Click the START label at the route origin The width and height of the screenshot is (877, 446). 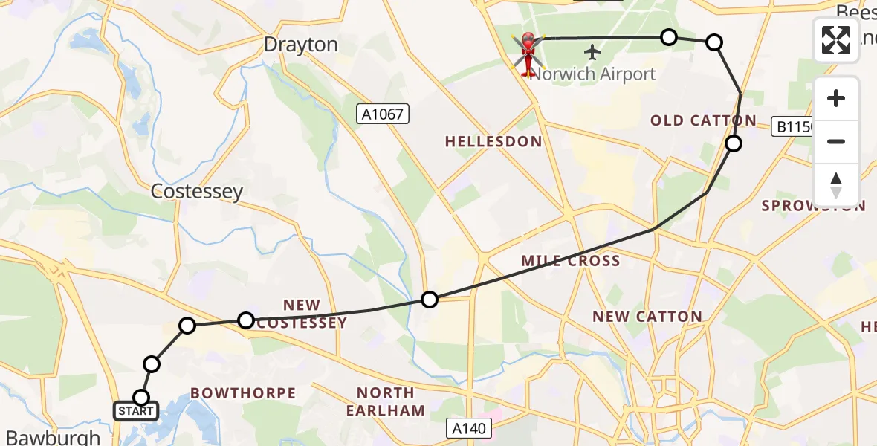click(x=136, y=410)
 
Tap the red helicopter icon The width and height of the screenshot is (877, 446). click(x=528, y=54)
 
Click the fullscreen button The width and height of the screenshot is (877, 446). click(x=836, y=40)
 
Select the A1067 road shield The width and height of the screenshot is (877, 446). click(x=382, y=114)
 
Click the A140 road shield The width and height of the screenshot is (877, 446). click(x=470, y=428)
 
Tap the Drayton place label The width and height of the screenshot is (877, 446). click(x=301, y=45)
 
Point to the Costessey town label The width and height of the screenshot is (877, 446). click(x=196, y=192)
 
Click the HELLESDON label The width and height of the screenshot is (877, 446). click(x=493, y=141)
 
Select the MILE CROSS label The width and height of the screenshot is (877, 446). click(x=571, y=261)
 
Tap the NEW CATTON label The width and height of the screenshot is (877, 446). click(x=647, y=317)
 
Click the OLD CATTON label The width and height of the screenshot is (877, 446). click(x=703, y=120)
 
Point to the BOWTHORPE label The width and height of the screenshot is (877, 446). click(x=243, y=392)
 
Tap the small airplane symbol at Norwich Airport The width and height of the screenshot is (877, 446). click(x=592, y=53)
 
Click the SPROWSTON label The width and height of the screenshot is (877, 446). click(x=812, y=206)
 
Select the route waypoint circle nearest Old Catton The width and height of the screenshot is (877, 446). click(x=734, y=143)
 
